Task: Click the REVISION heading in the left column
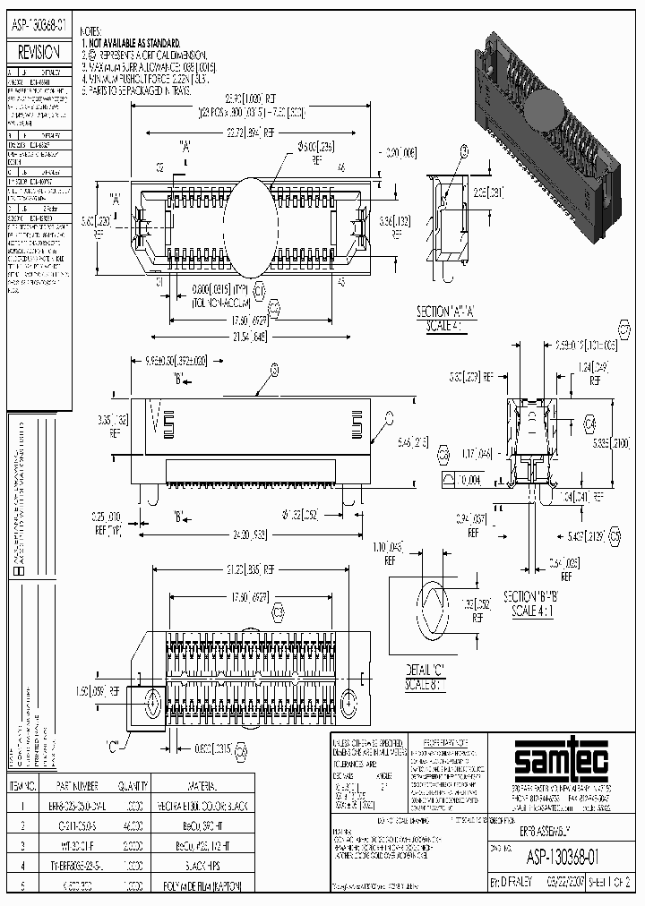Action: pos(38,53)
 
